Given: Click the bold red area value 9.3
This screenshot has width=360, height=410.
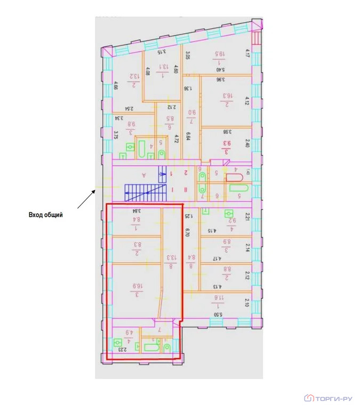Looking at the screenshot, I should pos(226,144).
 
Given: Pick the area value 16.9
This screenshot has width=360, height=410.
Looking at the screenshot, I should pos(137,290).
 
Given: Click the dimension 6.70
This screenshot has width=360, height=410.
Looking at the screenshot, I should pos(187,232).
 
